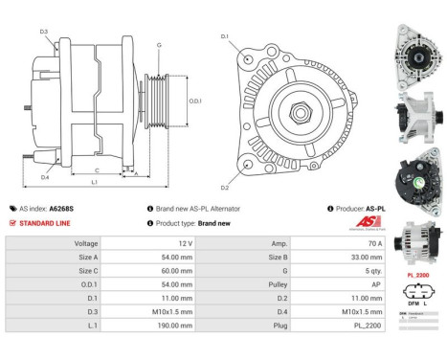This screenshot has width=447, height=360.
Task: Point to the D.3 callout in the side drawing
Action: (45, 32)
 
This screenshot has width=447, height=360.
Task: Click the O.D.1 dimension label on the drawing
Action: (195, 100)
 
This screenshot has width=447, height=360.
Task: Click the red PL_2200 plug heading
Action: (418, 275)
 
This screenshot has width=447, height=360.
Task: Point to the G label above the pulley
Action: (159, 45)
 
